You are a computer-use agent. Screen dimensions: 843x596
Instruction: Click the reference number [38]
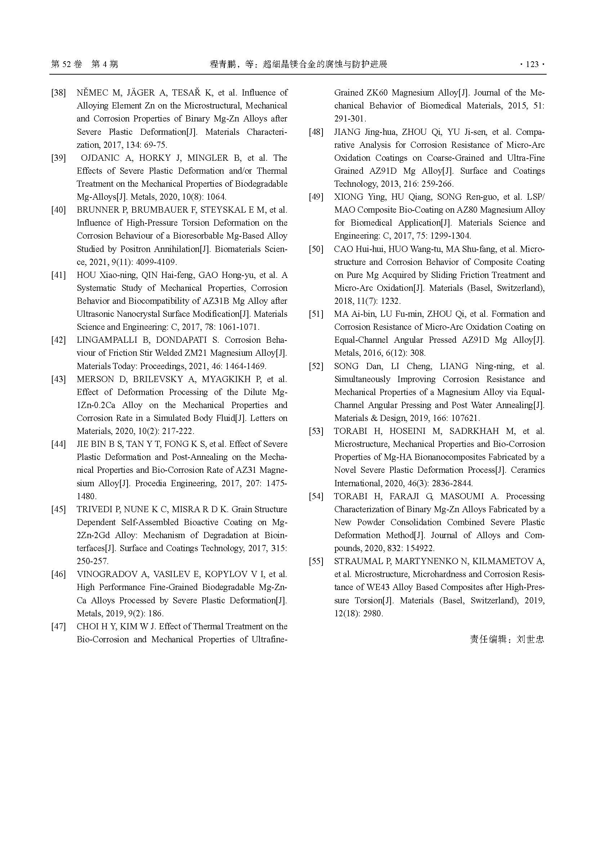(58, 93)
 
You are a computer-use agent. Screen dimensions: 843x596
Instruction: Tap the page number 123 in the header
(532, 65)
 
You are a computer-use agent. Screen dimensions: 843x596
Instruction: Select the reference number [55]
(316, 562)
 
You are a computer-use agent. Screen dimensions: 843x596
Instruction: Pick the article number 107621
(462, 418)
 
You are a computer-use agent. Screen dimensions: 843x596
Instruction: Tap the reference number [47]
(58, 626)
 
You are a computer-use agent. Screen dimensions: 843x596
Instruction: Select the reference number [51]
(316, 314)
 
